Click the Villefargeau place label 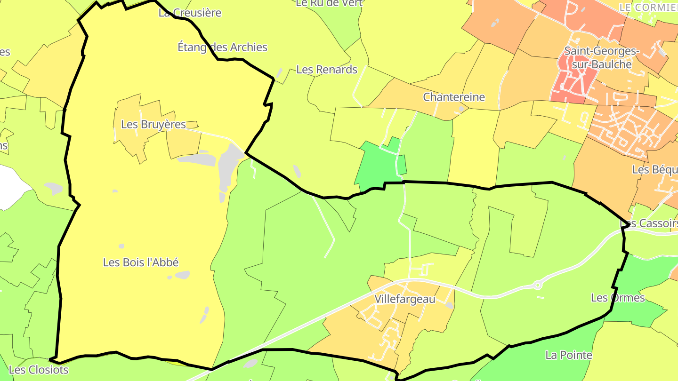(x=405, y=299)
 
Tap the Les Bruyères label (x=153, y=124)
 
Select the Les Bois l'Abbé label (x=141, y=262)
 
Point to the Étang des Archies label (x=222, y=47)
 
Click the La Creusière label (x=190, y=13)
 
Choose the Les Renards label (x=327, y=70)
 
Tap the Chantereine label (x=454, y=97)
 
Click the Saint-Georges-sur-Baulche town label (x=601, y=57)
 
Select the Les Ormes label (x=617, y=298)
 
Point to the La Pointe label (x=568, y=355)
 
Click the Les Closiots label (x=39, y=370)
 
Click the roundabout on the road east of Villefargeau (x=538, y=285)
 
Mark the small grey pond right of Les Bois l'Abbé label (x=182, y=275)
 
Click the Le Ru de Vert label (x=329, y=3)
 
